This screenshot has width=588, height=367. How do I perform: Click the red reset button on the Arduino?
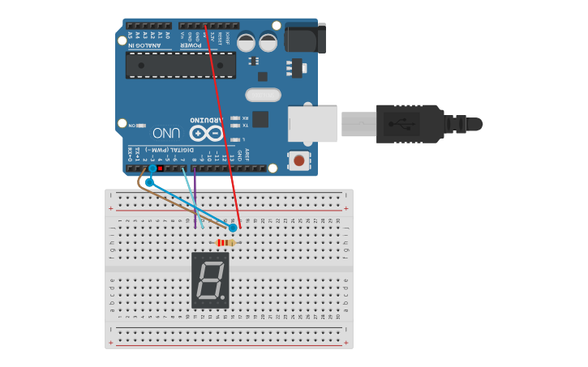click(299, 160)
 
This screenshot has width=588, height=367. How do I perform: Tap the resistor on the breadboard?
click(226, 242)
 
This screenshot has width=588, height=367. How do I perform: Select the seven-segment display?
click(210, 280)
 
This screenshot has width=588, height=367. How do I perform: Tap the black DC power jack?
click(306, 37)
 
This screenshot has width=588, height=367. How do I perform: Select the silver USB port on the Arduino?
click(313, 123)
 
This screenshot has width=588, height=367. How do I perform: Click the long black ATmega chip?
click(180, 66)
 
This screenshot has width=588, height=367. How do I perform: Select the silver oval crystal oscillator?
click(262, 95)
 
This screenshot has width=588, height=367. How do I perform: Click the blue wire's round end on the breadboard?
click(233, 228)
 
